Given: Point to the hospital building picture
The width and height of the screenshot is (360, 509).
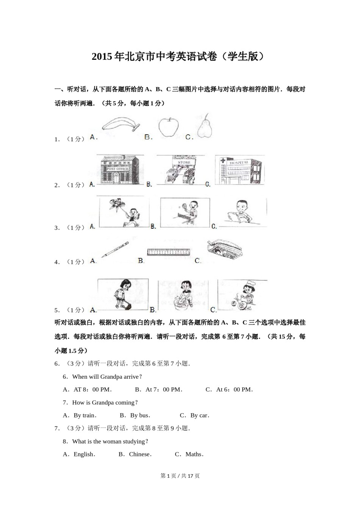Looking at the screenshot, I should [x=239, y=170].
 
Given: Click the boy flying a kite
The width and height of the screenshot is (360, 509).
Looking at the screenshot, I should [x=124, y=212].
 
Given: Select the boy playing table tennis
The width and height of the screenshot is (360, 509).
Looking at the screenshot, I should [x=185, y=212].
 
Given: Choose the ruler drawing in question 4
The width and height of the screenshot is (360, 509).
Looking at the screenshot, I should [x=169, y=252].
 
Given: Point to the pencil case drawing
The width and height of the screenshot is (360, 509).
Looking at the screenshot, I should [x=224, y=250].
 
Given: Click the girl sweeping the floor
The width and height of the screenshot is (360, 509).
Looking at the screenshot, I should [x=123, y=295].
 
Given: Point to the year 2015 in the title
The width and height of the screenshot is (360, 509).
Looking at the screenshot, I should [x=102, y=57].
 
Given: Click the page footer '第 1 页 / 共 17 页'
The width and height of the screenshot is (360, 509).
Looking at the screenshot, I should [x=180, y=476].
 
